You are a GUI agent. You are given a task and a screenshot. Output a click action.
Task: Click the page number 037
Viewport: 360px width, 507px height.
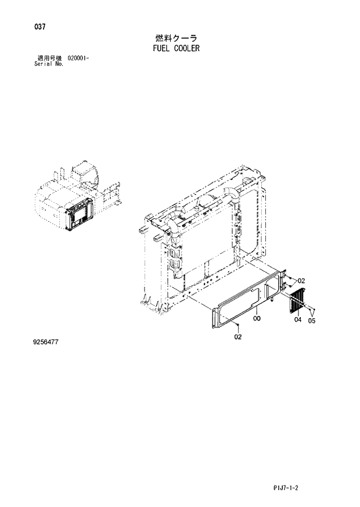click(x=40, y=27)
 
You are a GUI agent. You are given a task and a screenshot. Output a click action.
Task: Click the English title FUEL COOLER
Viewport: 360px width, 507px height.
click(x=174, y=49)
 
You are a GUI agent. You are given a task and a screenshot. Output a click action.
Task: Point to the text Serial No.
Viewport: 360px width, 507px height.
click(x=49, y=63)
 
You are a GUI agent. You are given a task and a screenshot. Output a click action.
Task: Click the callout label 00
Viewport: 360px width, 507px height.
click(x=257, y=318)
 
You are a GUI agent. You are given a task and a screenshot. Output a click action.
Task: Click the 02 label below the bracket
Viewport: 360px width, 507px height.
click(x=238, y=336)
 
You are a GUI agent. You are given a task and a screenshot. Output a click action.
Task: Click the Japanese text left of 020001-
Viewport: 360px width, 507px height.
click(x=50, y=58)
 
